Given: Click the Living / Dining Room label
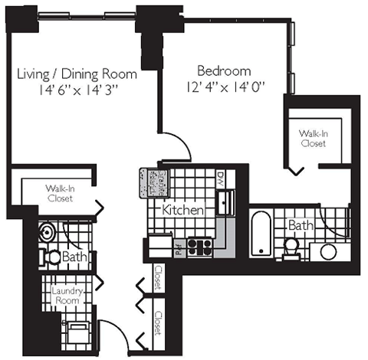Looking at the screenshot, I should [x=77, y=74].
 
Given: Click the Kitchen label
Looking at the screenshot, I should [x=182, y=209].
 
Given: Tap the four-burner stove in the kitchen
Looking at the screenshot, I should [x=200, y=246].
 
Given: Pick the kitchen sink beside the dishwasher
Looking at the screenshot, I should [x=225, y=202].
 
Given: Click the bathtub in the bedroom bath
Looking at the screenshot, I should [x=261, y=233].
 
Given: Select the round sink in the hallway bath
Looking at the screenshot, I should [x=45, y=233].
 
